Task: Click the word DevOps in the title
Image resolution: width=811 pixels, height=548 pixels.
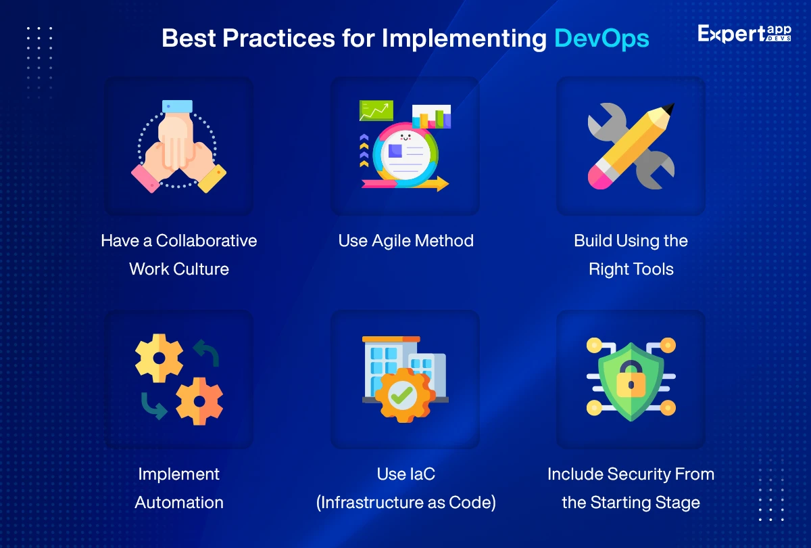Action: click(601, 39)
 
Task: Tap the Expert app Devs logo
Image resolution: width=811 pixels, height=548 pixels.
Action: click(744, 34)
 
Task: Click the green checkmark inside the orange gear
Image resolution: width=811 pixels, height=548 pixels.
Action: click(402, 395)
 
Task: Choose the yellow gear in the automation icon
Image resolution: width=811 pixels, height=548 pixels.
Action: click(159, 358)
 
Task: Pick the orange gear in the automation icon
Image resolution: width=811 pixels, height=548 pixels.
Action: click(199, 401)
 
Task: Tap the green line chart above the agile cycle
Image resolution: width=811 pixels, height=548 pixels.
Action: click(376, 110)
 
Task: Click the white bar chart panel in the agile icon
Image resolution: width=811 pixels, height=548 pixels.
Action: click(432, 116)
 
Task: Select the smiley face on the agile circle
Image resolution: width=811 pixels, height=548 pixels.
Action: click(405, 137)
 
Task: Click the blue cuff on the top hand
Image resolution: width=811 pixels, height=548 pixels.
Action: click(177, 106)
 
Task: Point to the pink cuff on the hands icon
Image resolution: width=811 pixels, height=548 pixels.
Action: click(145, 179)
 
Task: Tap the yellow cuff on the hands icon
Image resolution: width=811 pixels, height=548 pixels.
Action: click(212, 179)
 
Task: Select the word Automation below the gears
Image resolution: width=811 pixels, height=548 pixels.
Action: click(179, 502)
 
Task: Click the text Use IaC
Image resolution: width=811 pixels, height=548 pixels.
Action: click(406, 474)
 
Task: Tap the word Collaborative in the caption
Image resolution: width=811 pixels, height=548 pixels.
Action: click(206, 241)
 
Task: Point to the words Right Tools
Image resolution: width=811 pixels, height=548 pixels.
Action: click(631, 269)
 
